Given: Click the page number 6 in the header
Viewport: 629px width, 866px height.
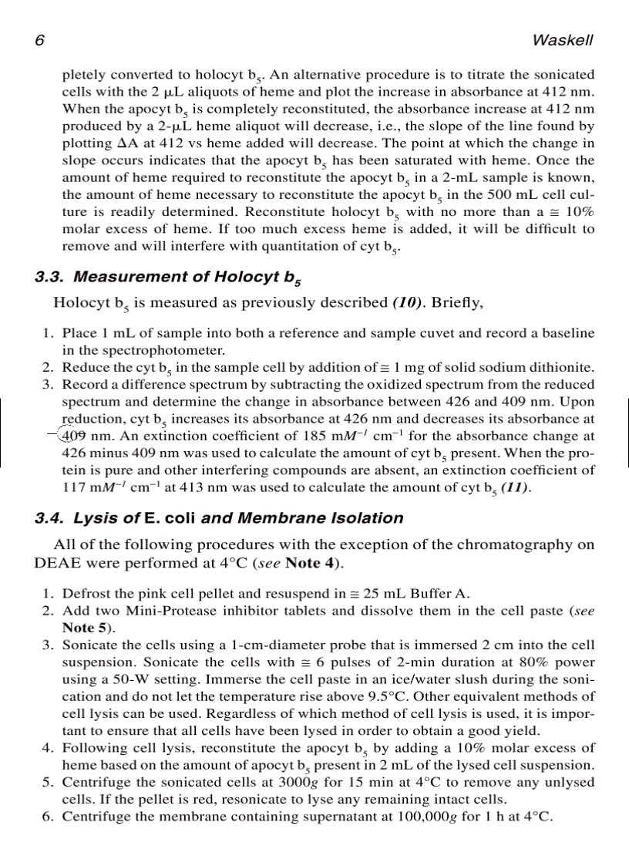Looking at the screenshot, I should coord(40,40).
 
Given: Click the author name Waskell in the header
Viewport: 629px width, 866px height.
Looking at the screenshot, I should coord(563,40).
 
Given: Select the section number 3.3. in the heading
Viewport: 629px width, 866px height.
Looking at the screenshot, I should coord(52,276).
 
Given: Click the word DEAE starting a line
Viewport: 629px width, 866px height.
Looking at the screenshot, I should coord(56,562).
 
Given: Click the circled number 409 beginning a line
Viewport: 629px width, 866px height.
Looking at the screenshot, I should coord(75,436).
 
